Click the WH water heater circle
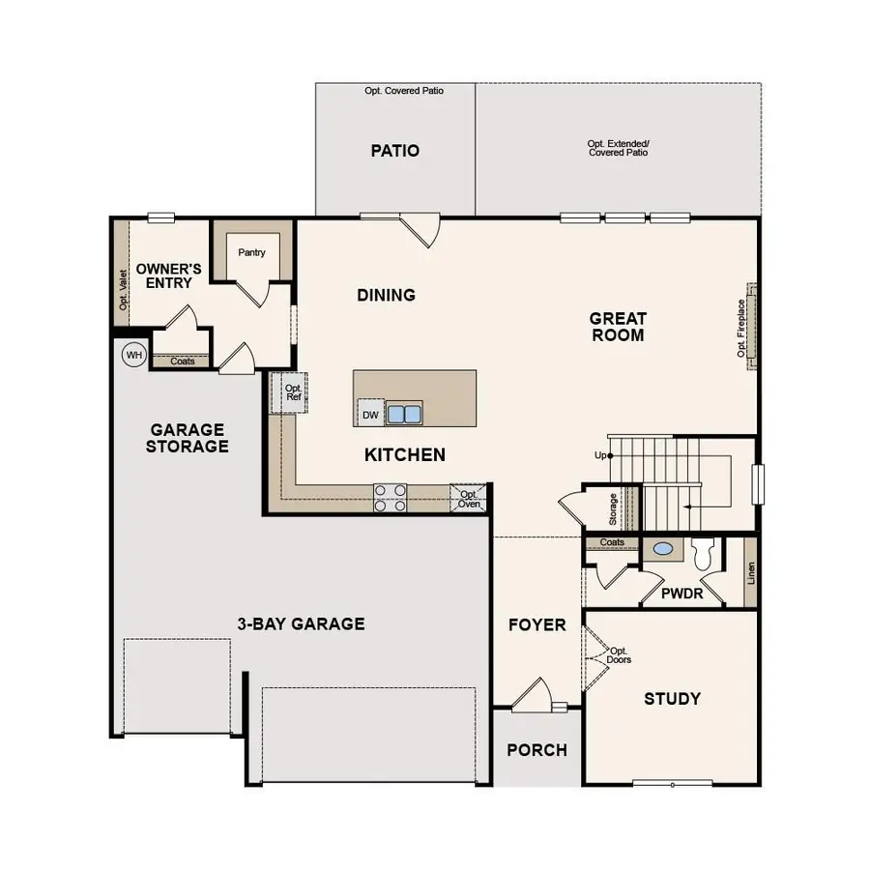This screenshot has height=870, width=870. pos(133,356)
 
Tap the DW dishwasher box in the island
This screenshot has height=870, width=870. pos(370,415)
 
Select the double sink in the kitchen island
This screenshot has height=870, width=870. pos(405,415)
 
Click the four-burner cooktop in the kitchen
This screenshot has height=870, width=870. pos(391,498)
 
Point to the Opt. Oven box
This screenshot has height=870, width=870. pos(469,498)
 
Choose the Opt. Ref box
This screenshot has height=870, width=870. pos(293,391)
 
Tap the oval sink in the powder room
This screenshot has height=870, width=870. pos(663,549)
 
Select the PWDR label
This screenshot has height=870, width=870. pos(682,594)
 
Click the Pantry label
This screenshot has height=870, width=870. pos(252,253)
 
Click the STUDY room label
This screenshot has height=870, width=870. pos(672,699)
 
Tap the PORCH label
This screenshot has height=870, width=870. pos(536,750)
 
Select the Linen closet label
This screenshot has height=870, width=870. pos(751,573)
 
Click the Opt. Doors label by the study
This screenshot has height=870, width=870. pos(619,655)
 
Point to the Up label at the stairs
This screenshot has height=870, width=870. pos(600,455)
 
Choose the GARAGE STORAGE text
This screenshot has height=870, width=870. pos(188,438)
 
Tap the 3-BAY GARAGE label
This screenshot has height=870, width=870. pos(301,623)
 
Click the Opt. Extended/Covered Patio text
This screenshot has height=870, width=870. pos(618,148)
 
